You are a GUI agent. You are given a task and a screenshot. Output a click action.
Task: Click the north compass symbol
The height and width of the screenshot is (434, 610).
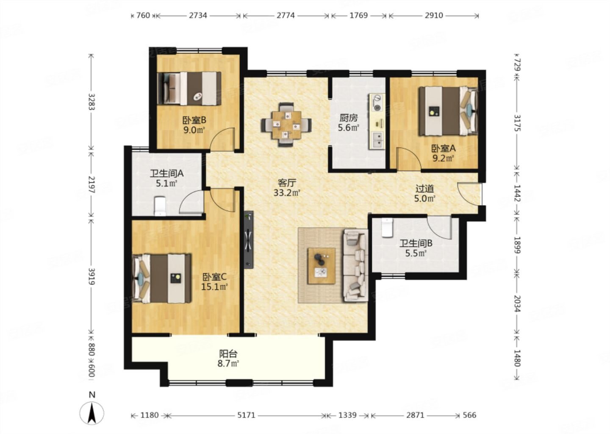click(x=92, y=410)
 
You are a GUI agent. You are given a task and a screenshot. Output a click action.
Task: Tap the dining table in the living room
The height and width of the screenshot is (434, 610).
click(x=286, y=125)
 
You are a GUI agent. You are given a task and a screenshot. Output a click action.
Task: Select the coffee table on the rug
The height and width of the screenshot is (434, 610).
click(x=322, y=266)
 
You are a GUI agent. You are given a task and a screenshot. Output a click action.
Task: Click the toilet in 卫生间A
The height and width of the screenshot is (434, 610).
click(x=160, y=206)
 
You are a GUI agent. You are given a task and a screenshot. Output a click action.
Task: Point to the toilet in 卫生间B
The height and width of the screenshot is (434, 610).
click(x=387, y=228)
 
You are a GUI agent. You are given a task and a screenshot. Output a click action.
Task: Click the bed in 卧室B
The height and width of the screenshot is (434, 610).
click(x=189, y=89)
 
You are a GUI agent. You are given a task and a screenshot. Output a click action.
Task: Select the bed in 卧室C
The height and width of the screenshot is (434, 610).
click(x=162, y=278)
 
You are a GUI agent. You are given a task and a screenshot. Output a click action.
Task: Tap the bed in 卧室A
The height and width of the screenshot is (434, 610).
click(x=449, y=111)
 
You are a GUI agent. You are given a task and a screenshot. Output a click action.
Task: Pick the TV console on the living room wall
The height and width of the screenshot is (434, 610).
click(x=249, y=240)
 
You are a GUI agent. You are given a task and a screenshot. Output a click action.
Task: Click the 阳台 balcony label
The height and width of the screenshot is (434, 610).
click(x=228, y=353)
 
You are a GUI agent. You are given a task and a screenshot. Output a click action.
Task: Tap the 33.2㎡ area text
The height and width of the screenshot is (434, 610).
click(x=287, y=193)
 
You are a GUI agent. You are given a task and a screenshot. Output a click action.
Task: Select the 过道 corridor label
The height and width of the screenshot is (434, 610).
click(x=424, y=189)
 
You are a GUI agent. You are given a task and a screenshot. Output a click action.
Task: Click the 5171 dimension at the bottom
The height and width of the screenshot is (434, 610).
click(x=246, y=415)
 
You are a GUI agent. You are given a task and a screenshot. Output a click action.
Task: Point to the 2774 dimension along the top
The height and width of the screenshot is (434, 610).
click(x=286, y=16)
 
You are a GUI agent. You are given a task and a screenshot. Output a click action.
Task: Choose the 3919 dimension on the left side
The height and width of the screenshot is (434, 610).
click(x=91, y=276)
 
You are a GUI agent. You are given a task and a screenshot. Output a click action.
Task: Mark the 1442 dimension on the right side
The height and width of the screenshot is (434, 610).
click(x=517, y=193)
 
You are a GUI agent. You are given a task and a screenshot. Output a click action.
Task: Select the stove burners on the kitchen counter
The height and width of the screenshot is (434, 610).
click(x=377, y=103)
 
